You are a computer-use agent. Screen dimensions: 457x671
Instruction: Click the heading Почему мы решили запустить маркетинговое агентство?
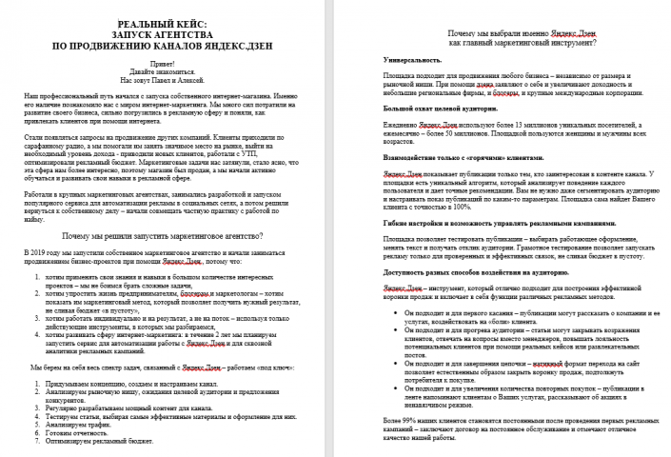point(171,233)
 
